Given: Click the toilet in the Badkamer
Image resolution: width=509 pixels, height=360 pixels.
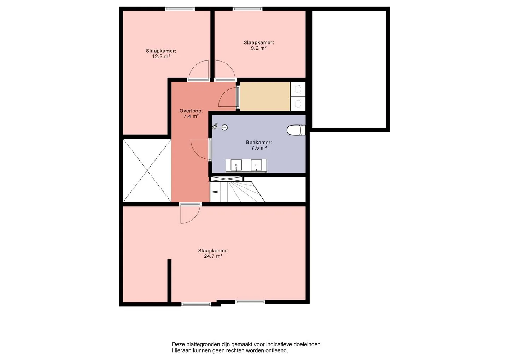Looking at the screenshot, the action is coord(296,130).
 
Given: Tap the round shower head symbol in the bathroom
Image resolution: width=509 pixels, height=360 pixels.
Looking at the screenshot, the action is coord(224,128).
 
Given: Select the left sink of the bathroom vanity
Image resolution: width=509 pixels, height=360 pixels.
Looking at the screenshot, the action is coord(236,165).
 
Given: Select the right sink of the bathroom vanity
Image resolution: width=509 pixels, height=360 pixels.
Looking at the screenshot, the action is coord(256,165).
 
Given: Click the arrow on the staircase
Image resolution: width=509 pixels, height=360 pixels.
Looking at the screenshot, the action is coord(215,192).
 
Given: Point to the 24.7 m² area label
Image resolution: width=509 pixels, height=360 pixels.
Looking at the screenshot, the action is coord(213,256).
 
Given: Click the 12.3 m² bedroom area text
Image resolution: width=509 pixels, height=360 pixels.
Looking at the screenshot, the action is coord(161,56).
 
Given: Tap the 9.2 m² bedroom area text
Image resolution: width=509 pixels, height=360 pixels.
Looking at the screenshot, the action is coord(259,48).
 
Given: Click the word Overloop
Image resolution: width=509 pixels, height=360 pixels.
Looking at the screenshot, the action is coord(191,111).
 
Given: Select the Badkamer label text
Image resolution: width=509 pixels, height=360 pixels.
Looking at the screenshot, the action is coord(259,143).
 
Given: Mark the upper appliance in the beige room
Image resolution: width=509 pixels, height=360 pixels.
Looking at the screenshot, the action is coord(298,89).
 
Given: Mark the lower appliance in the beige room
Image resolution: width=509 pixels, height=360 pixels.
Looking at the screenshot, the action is coord(298,104).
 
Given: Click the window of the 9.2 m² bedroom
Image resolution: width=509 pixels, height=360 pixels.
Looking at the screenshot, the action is coord(247,9).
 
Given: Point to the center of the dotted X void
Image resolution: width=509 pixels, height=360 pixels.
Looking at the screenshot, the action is coord(147,170).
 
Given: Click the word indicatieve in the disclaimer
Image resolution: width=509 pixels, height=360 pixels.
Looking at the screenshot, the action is coord(280,344).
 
